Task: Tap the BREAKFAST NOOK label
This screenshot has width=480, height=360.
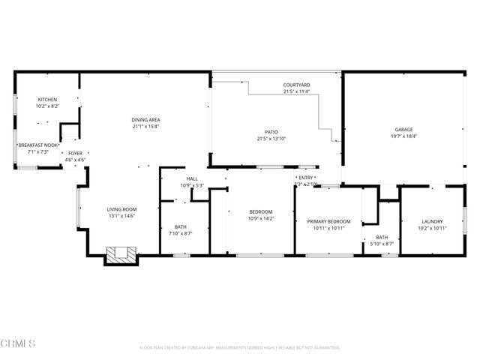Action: [37, 145]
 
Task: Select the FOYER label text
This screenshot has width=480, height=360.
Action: [75, 153]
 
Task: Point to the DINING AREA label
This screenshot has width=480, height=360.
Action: [146, 119]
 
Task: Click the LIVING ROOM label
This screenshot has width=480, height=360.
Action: [120, 209]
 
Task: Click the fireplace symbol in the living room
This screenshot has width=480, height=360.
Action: [119, 255]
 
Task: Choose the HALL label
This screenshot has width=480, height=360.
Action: [192, 178]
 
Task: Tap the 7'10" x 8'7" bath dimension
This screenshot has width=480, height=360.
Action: [181, 233]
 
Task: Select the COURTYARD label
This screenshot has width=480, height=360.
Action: [296, 85]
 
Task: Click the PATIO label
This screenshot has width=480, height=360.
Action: [271, 131]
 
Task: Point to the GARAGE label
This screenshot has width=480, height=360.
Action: [404, 129]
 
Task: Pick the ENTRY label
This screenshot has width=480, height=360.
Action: [306, 177]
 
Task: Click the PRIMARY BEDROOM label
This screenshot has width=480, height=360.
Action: [328, 221]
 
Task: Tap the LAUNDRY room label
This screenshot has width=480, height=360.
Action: [432, 221]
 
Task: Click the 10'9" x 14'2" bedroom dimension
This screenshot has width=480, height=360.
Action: [261, 218]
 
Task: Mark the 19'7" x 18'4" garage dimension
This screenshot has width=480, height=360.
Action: [404, 136]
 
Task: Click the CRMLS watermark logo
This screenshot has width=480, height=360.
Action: [19, 343]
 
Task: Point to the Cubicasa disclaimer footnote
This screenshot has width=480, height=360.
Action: [240, 348]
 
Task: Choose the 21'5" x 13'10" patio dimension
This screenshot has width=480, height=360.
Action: [271, 138]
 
